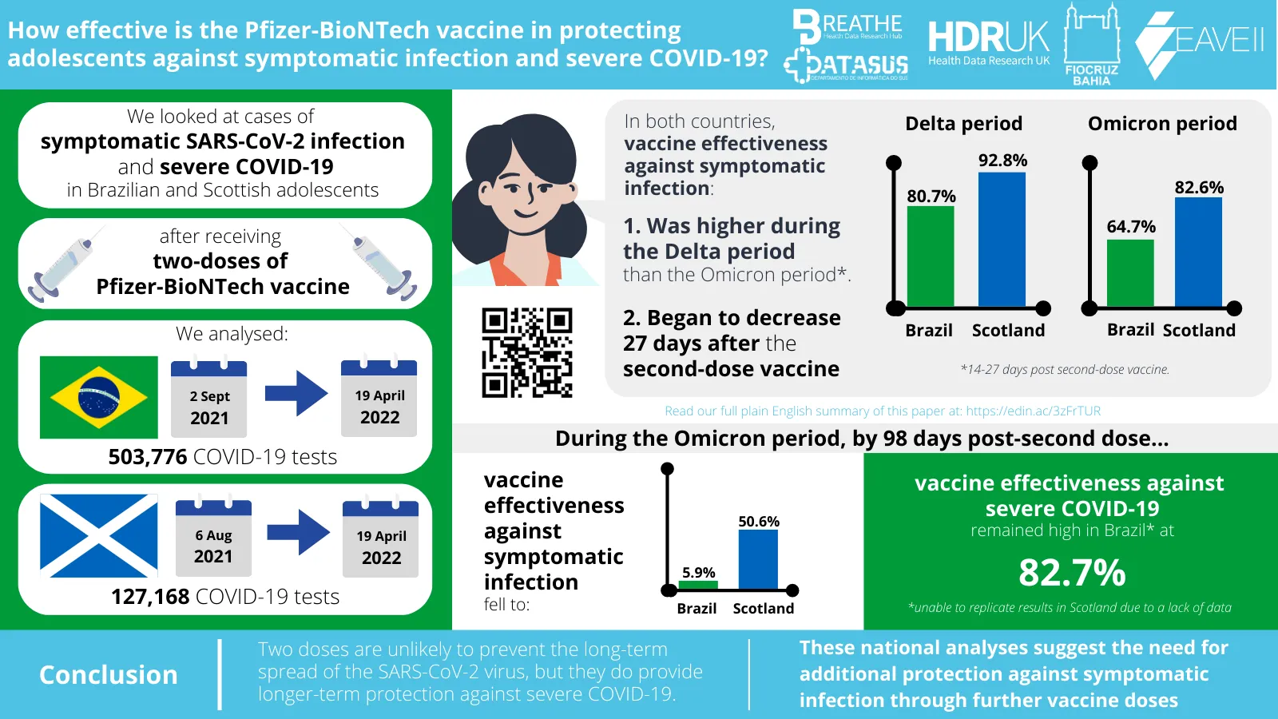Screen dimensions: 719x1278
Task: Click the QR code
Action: pyautogui.click(x=527, y=352)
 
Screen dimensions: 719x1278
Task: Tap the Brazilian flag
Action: pyautogui.click(x=99, y=397)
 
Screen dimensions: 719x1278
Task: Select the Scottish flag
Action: pyautogui.click(x=99, y=535)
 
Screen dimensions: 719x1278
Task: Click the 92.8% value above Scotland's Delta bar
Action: pyautogui.click(x=1002, y=161)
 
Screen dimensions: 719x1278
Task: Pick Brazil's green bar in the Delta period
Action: pyautogui.click(x=931, y=256)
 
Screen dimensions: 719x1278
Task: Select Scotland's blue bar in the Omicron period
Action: pyautogui.click(x=1198, y=252)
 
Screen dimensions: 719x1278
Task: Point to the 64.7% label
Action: pyautogui.click(x=1131, y=227)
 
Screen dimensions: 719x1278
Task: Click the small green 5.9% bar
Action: pyautogui.click(x=698, y=586)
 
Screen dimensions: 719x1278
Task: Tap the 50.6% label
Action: pyautogui.click(x=759, y=522)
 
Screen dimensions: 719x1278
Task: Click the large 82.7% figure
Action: pyautogui.click(x=1072, y=573)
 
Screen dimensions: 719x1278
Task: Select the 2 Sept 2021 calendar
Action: pyautogui.click(x=209, y=399)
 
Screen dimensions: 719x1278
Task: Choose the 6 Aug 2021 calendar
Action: pyautogui.click(x=213, y=538)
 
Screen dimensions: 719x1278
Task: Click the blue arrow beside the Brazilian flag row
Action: pyautogui.click(x=296, y=393)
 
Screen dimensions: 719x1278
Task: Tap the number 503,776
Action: pyautogui.click(x=148, y=457)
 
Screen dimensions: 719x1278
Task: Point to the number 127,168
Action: pyautogui.click(x=150, y=597)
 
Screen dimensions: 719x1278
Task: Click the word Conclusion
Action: pyautogui.click(x=109, y=675)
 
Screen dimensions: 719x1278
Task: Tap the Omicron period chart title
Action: pyautogui.click(x=1162, y=124)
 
